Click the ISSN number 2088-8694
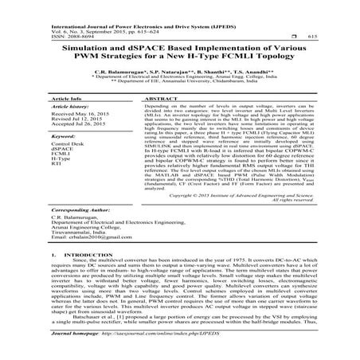click(30, 37)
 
